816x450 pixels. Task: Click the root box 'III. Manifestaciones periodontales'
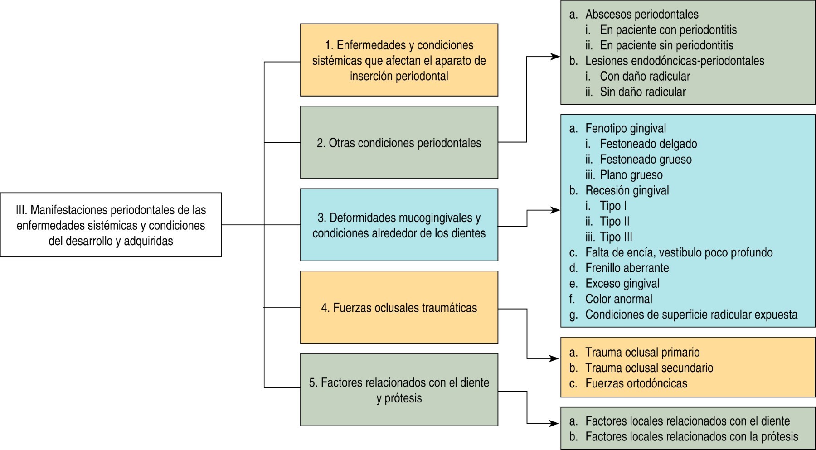click(111, 225)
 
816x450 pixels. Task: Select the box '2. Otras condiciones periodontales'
click(399, 143)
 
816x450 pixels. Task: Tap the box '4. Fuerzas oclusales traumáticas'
click(399, 308)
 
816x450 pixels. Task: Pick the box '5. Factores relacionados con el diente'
click(399, 390)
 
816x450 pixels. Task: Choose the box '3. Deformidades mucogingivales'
click(399, 225)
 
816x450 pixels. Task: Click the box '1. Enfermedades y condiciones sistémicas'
click(399, 60)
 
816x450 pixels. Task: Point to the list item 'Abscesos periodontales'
click(641, 14)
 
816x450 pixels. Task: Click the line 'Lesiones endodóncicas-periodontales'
click(674, 61)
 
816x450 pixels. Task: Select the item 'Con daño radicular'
click(645, 76)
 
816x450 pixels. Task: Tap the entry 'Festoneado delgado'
click(648, 144)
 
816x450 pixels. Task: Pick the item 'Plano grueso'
click(631, 175)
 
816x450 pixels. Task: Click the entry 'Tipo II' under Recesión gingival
click(614, 222)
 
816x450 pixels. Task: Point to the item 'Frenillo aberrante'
click(627, 268)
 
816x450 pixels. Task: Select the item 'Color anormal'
click(618, 299)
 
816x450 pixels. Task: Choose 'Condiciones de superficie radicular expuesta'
click(691, 315)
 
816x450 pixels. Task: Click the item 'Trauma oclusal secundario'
click(649, 368)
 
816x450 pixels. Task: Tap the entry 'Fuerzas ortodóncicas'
click(636, 383)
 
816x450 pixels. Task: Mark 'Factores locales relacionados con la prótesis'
click(691, 437)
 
